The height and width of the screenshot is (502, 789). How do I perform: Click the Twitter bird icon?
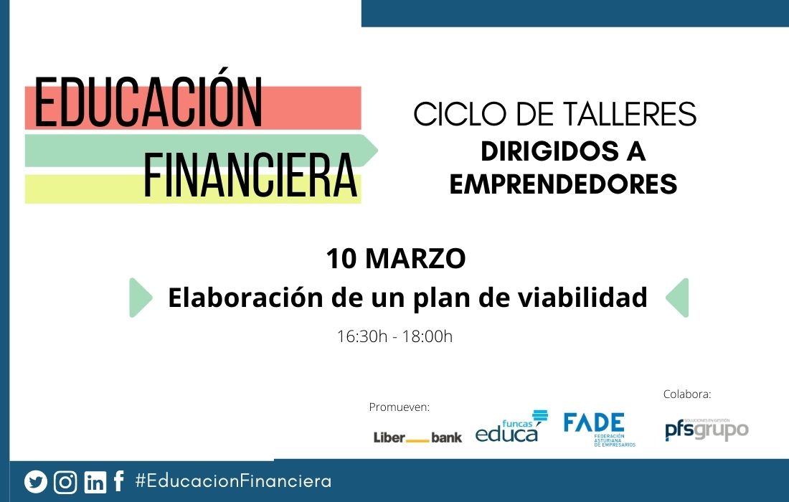click(35, 482)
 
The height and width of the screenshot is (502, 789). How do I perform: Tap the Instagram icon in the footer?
click(65, 482)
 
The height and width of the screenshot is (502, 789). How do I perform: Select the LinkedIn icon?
click(95, 482)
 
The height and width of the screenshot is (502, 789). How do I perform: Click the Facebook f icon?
click(119, 481)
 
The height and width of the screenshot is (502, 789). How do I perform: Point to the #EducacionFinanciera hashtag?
click(233, 481)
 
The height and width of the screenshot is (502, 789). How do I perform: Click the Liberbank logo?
click(417, 437)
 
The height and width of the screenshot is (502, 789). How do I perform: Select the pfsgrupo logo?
click(706, 430)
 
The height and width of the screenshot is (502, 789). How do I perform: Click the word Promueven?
click(399, 407)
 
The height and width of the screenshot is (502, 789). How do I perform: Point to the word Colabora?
click(686, 394)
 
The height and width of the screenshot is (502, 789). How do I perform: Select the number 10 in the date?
click(341, 259)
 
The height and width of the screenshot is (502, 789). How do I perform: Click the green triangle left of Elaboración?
click(140, 298)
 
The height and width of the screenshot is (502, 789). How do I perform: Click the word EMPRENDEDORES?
click(563, 184)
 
